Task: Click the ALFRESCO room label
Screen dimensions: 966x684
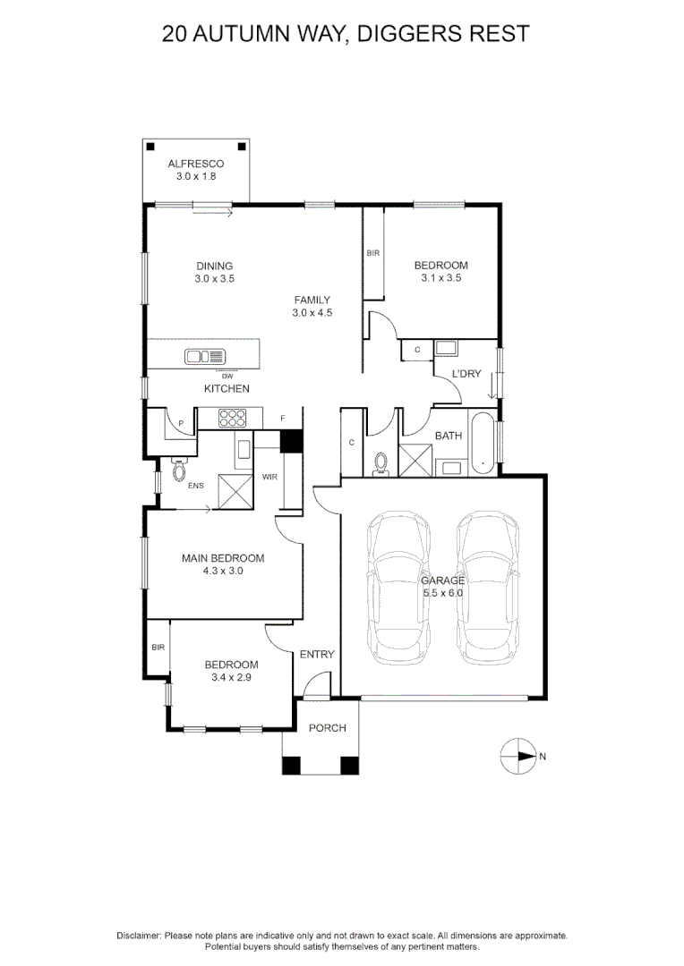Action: (195, 165)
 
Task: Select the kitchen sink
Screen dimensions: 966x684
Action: (206, 357)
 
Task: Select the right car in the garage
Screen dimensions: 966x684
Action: (489, 588)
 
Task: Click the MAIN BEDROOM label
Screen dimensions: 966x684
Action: (223, 558)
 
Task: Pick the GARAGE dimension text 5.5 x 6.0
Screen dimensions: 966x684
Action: (443, 593)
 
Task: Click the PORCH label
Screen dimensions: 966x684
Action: (327, 728)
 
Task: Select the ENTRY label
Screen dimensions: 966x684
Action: (316, 655)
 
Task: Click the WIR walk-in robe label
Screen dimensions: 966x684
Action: (269, 477)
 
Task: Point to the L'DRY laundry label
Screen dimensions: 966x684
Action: (466, 373)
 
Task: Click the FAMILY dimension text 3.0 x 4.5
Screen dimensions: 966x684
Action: (312, 313)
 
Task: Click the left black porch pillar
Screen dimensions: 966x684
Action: (292, 766)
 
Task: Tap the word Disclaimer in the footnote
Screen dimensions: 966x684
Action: (138, 936)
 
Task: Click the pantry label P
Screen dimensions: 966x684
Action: (181, 423)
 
